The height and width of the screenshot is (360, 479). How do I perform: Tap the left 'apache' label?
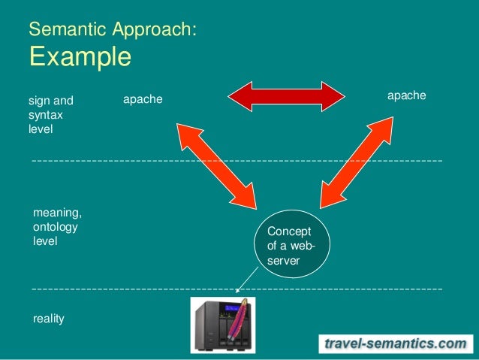[143, 99]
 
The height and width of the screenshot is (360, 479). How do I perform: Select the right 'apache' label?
[406, 95]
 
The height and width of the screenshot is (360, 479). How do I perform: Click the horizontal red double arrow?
[286, 96]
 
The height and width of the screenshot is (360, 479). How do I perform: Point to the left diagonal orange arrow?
[217, 163]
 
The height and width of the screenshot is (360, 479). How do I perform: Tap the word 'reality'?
[49, 319]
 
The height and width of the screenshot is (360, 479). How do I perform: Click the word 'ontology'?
[55, 227]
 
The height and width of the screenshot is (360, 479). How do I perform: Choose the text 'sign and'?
[51, 100]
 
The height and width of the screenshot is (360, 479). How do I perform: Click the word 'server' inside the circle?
[283, 260]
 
